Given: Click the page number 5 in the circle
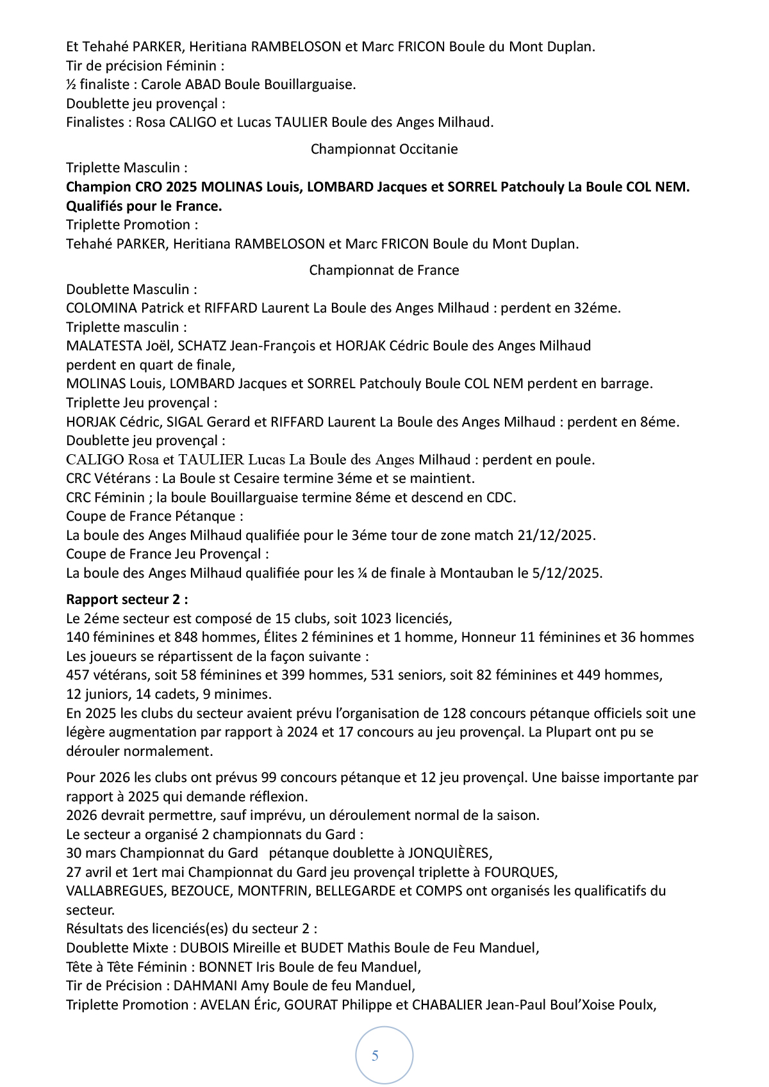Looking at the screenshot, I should tap(375, 1056).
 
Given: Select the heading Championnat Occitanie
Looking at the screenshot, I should tap(384, 149).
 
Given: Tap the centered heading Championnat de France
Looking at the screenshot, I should tap(384, 270).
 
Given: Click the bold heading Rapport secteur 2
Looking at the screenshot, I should tap(127, 600).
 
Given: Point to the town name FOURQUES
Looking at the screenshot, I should tap(520, 872).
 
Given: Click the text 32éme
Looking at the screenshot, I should tap(597, 308).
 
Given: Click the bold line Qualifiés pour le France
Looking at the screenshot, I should tap(144, 206).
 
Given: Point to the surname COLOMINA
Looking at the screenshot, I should tap(101, 308).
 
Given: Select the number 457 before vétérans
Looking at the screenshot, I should tap(78, 675).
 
